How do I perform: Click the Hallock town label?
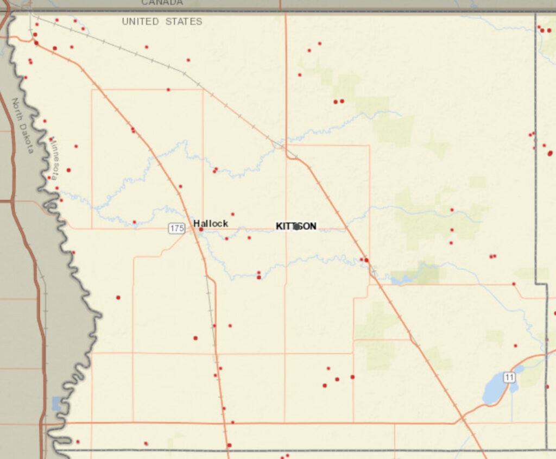click(211, 223)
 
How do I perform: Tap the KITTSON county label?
click(296, 226)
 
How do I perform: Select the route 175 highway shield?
click(176, 229)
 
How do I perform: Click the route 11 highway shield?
click(509, 378)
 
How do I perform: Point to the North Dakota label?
click(23, 125)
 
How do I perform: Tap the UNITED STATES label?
click(162, 22)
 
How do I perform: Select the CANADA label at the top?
click(162, 3)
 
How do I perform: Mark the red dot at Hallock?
click(201, 230)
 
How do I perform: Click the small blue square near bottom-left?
click(57, 403)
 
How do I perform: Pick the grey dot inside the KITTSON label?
click(296, 227)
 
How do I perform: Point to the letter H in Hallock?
click(197, 223)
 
